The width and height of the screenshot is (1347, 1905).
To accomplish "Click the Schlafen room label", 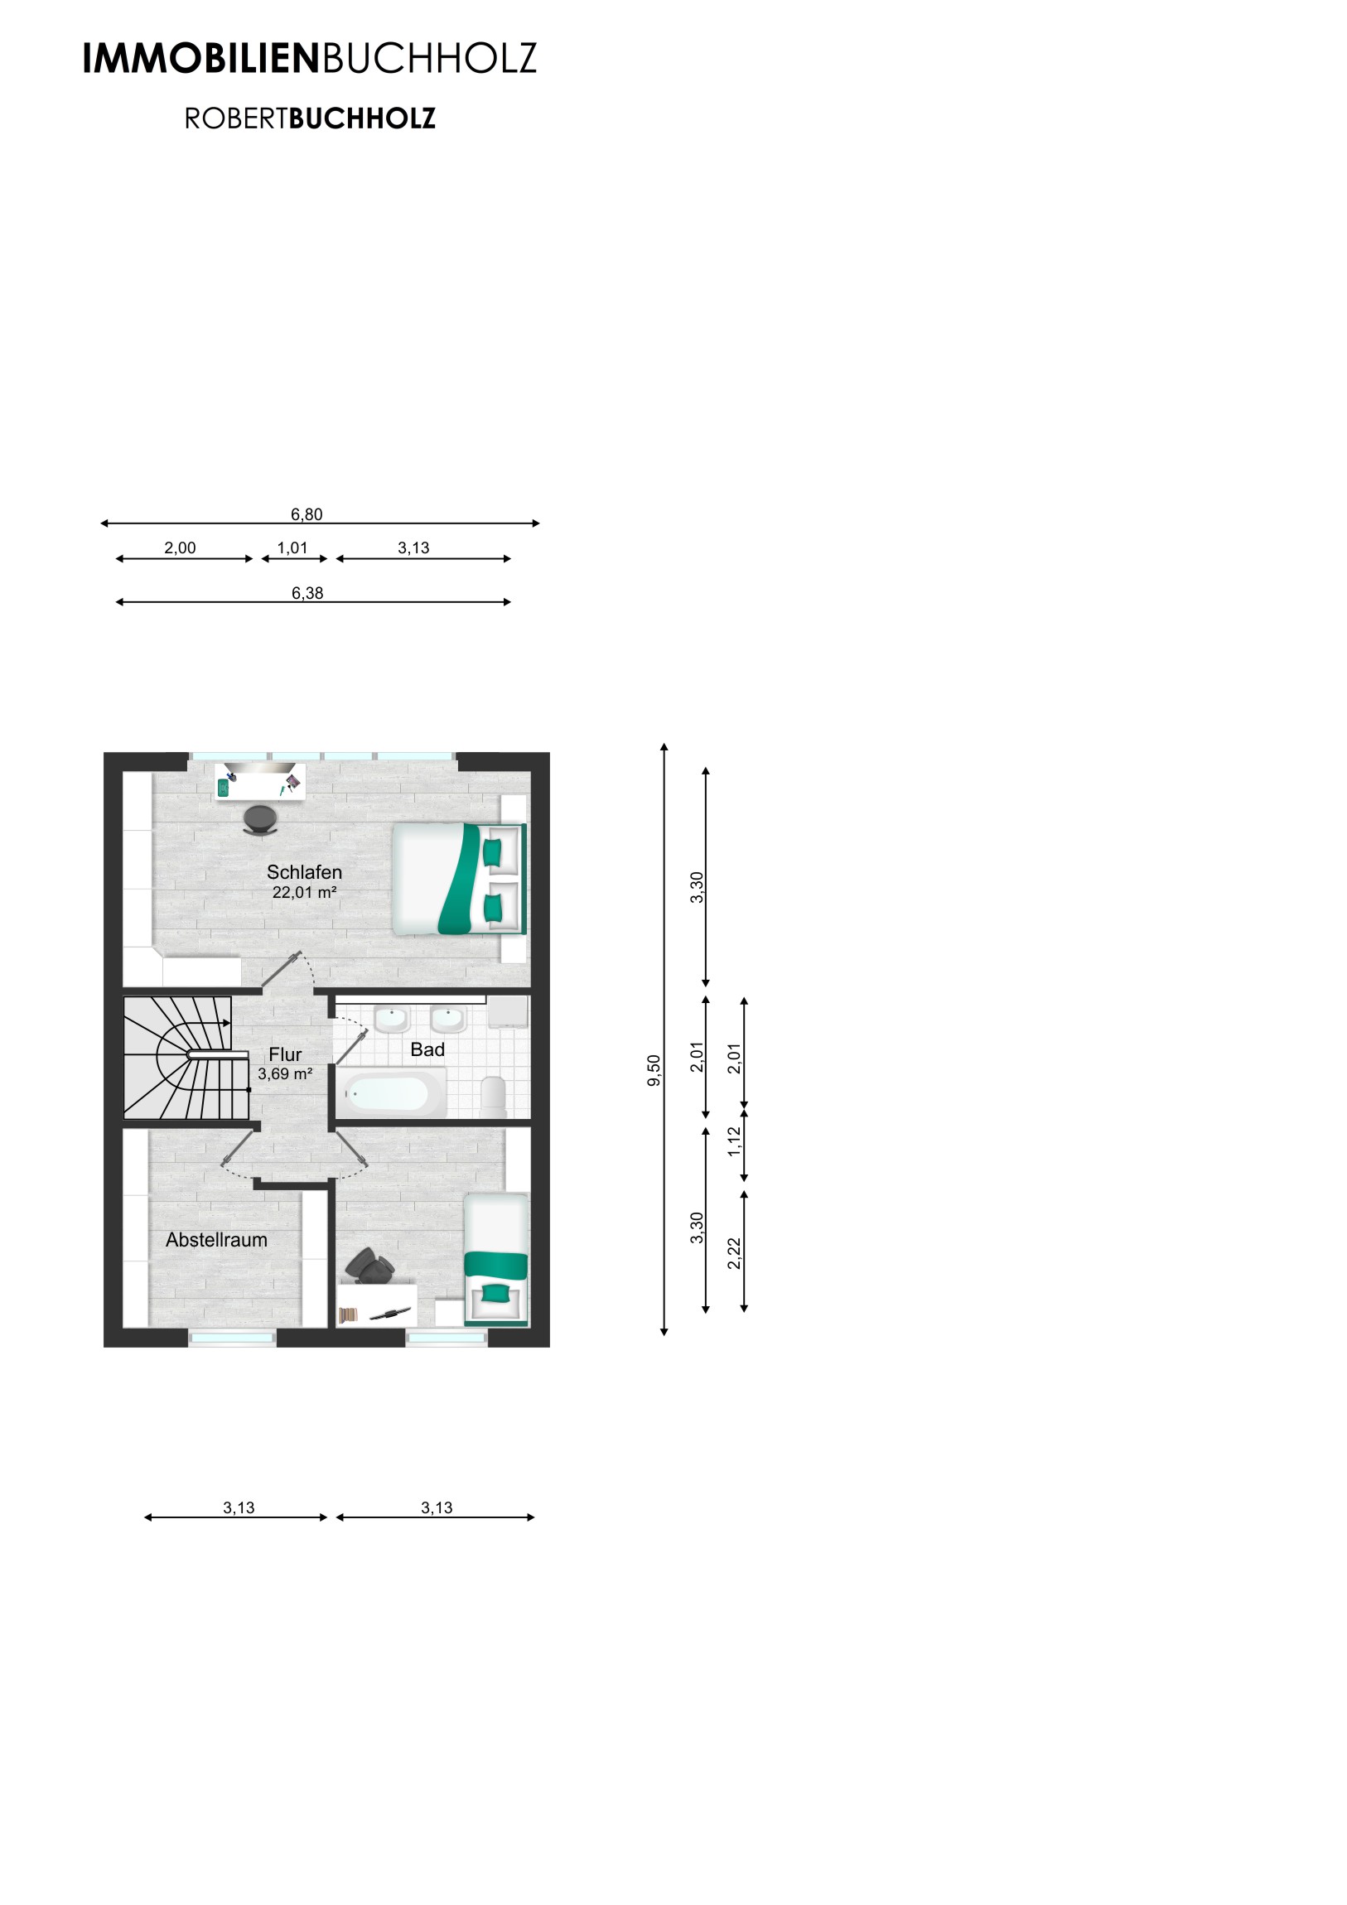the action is click(x=304, y=872).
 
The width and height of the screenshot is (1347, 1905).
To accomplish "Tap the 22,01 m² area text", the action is click(x=304, y=893).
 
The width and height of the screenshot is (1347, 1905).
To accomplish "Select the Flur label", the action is click(x=285, y=1054).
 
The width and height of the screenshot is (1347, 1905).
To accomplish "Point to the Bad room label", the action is click(x=427, y=1049).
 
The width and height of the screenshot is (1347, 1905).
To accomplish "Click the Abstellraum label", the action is click(x=216, y=1240).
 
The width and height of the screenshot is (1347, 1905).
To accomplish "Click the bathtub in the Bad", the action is click(x=391, y=1093).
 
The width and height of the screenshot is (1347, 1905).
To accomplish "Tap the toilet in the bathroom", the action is click(x=494, y=1096).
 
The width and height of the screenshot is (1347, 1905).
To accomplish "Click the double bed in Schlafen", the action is click(x=459, y=880).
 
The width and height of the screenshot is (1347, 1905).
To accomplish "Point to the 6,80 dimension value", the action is click(x=307, y=514).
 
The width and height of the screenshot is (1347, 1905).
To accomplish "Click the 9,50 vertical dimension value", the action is click(x=654, y=1069).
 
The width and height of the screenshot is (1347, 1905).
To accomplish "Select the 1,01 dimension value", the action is click(x=292, y=547).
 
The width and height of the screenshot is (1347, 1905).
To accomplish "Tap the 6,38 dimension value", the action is click(x=307, y=593).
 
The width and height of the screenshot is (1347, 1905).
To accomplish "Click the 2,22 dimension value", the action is click(x=734, y=1253).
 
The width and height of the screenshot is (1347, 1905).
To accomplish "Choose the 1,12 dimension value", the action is click(x=734, y=1141).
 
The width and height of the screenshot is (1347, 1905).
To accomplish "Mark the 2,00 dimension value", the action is click(x=180, y=547).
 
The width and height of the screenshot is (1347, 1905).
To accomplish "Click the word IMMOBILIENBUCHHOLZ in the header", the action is click(x=310, y=59).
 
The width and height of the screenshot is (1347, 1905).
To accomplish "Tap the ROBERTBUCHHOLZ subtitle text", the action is click(x=310, y=118).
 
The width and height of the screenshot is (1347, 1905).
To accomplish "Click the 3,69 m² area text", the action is click(x=285, y=1073).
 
